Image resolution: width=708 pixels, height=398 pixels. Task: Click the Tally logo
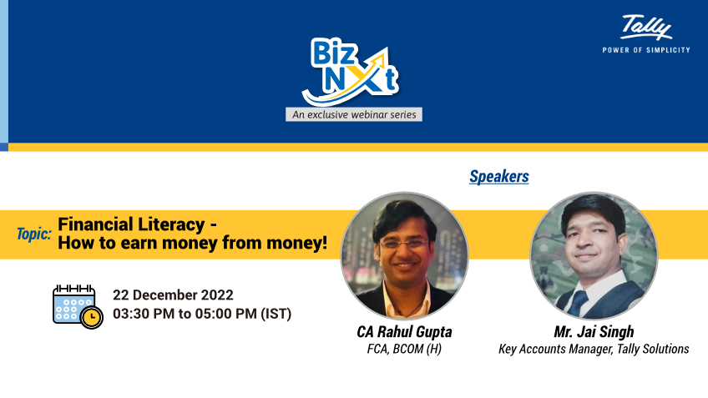click(646, 28)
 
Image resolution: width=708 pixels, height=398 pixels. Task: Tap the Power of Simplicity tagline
click(646, 50)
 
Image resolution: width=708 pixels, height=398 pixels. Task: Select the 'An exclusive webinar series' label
click(353, 114)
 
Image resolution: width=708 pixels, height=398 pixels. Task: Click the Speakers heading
click(499, 177)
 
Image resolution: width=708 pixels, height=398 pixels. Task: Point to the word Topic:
click(33, 234)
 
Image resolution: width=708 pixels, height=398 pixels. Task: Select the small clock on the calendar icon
click(92, 317)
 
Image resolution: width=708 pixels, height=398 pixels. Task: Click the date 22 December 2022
click(173, 295)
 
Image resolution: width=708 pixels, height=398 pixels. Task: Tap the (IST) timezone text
click(276, 314)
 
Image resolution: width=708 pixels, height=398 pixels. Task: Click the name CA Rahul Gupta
click(404, 332)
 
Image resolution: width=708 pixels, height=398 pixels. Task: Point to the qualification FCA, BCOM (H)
click(404, 349)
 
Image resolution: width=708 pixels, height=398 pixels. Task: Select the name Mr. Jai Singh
click(594, 332)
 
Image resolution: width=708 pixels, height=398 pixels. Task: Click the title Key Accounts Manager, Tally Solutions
click(594, 349)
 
